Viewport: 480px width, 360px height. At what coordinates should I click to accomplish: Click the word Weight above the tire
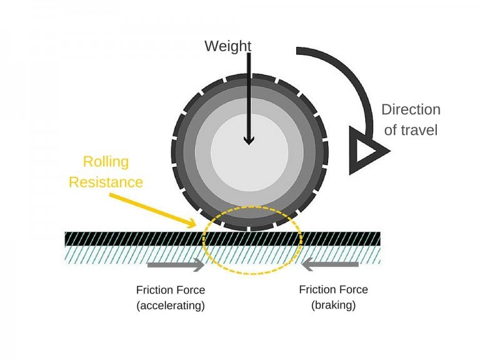[229, 46]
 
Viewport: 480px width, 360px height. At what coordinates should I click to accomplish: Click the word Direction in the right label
[411, 110]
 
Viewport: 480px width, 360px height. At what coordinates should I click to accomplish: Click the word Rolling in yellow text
[106, 162]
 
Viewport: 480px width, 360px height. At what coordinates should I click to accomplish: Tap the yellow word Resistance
[106, 182]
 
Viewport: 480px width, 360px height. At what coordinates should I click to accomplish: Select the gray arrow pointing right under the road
[176, 265]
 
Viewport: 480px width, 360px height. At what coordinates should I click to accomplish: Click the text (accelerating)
[171, 306]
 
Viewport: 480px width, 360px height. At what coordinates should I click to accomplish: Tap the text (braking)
[333, 306]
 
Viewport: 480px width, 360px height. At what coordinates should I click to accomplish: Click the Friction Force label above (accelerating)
[171, 290]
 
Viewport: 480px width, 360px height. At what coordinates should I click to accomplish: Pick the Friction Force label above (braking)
[333, 290]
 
